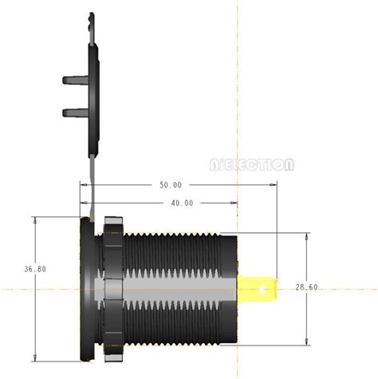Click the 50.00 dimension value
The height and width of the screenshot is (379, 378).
[171, 185]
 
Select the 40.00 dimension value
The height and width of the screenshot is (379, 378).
[182, 203]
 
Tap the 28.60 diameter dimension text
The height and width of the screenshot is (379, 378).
[307, 287]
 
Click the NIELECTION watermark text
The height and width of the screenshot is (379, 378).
[252, 165]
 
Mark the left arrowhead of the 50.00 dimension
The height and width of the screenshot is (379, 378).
[84, 185]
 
